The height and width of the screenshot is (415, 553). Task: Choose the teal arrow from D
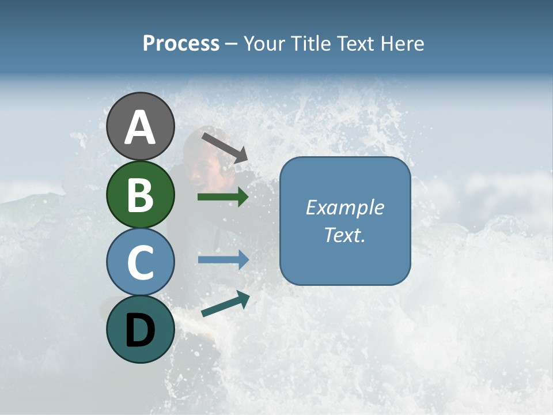click(x=225, y=304)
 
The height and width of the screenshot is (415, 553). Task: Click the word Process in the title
click(x=181, y=43)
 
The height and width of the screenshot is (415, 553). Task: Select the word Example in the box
click(x=345, y=207)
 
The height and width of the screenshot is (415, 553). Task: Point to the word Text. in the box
click(x=345, y=235)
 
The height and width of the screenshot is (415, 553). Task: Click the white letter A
click(x=141, y=128)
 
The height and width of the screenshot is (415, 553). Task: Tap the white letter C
click(x=141, y=262)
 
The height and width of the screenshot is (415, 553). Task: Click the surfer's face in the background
click(x=203, y=168)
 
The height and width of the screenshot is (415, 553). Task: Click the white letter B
click(x=141, y=195)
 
